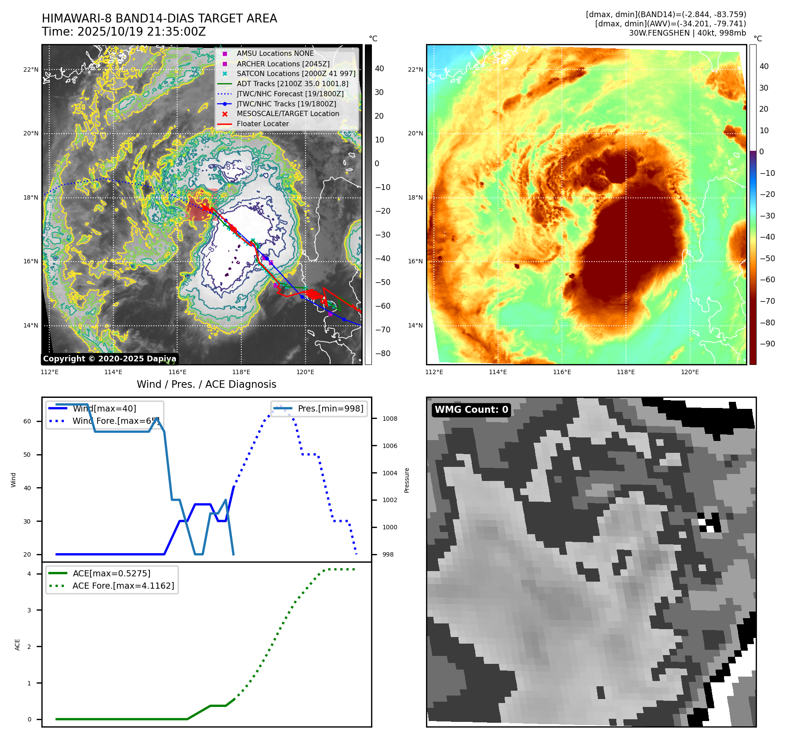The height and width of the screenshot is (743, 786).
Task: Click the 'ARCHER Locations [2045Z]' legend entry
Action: click(283, 64)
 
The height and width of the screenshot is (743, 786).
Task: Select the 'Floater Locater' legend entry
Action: click(262, 124)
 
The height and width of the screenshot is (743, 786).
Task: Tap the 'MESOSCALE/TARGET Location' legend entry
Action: click(287, 114)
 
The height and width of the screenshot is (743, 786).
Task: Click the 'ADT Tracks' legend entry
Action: click(292, 84)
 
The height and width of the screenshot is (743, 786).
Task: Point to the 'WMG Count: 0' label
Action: click(471, 410)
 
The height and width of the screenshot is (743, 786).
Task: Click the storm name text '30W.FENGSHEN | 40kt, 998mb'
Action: click(687, 33)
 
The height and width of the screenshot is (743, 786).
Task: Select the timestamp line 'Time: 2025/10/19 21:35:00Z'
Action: click(124, 32)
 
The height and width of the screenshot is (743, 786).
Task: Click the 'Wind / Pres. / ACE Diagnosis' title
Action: click(206, 384)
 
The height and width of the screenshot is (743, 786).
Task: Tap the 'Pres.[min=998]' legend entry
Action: click(330, 408)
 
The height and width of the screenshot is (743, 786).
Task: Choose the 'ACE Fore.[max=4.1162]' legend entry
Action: click(123, 586)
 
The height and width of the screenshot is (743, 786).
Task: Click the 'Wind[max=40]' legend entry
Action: click(104, 408)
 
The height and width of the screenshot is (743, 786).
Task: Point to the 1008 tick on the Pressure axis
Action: click(389, 419)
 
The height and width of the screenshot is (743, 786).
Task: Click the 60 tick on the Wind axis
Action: click(27, 421)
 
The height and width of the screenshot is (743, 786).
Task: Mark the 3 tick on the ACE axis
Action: click(29, 610)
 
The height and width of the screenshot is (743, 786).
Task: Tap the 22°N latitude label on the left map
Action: click(31, 69)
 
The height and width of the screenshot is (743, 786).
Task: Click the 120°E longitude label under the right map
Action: click(690, 372)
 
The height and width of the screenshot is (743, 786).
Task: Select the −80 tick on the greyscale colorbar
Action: click(382, 353)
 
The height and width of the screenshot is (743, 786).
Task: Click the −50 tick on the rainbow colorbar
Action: click(768, 258)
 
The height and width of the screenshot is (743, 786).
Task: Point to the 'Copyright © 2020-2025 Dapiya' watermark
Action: click(109, 359)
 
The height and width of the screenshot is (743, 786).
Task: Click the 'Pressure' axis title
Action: click(407, 480)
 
